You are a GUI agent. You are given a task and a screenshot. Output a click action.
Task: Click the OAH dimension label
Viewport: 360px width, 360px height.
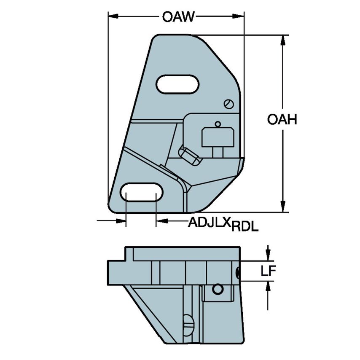282,120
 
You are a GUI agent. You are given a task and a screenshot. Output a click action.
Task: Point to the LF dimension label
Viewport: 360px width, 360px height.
268,271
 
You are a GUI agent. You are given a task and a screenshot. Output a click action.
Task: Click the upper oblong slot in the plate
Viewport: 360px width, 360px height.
177,84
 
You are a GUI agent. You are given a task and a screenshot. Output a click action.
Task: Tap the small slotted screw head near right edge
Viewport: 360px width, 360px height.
228,104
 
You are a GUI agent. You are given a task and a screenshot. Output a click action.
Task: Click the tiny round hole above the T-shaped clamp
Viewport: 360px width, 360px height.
218,124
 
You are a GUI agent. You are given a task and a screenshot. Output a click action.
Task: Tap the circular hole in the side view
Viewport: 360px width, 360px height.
217,289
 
